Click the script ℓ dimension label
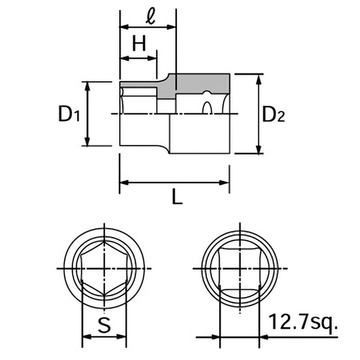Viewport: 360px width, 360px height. pyautogui.click(x=151, y=17)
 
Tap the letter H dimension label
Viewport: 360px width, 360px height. pyautogui.click(x=139, y=44)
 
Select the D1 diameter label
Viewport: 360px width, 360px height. pyautogui.click(x=69, y=114)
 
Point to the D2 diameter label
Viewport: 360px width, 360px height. pyautogui.click(x=273, y=114)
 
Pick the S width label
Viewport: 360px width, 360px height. pyautogui.click(x=104, y=325)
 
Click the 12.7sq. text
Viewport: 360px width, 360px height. pyautogui.click(x=303, y=322)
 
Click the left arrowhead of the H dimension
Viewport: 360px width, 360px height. pyautogui.click(x=125, y=58)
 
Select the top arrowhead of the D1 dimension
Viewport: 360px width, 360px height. pyautogui.click(x=87, y=86)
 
